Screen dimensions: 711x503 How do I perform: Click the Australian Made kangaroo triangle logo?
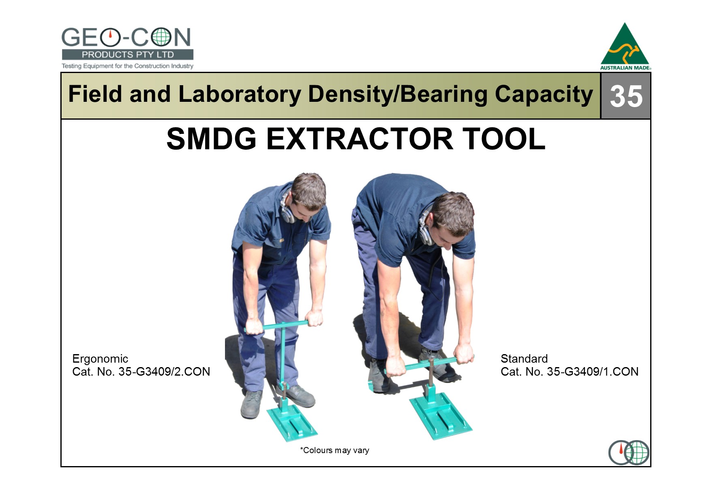pos(625,46)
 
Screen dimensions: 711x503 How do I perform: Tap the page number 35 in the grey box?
pos(626,96)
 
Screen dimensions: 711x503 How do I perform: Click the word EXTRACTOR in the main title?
pos(359,139)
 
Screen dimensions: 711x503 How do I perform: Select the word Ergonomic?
pos(100,359)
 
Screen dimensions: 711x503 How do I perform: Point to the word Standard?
pos(524,359)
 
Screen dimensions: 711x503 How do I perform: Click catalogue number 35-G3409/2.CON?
pos(164,372)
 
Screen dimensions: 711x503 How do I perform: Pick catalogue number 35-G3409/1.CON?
pos(593,372)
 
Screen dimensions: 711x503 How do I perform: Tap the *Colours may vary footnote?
pos(334,450)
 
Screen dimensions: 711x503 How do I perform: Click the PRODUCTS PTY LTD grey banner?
pos(128,55)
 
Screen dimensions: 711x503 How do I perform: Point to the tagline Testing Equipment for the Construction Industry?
pos(128,66)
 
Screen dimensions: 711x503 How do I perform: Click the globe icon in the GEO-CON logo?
pos(161,37)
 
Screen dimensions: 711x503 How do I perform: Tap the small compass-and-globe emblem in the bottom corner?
pos(629,452)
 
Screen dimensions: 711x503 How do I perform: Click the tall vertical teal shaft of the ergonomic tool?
pos(283,357)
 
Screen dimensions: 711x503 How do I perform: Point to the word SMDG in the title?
pos(212,139)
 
